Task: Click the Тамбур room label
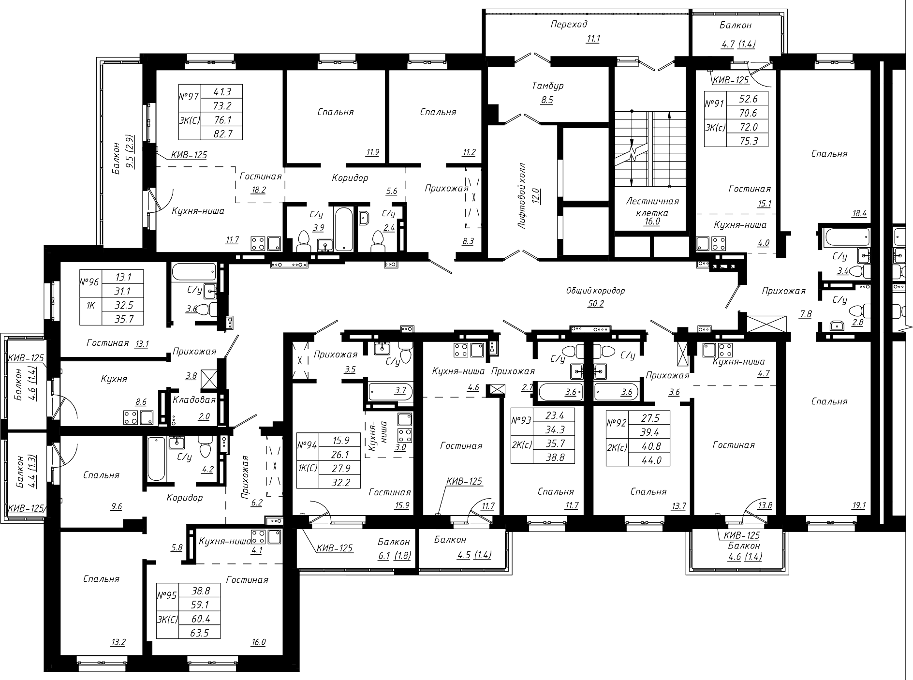[548, 86]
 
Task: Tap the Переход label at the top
[569, 24]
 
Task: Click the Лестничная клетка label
[652, 207]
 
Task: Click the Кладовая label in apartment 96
[194, 400]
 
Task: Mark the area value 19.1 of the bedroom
[859, 506]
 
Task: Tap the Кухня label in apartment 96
[115, 379]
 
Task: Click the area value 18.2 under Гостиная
[258, 190]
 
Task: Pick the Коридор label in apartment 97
[350, 178]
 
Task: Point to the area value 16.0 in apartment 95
[258, 642]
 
